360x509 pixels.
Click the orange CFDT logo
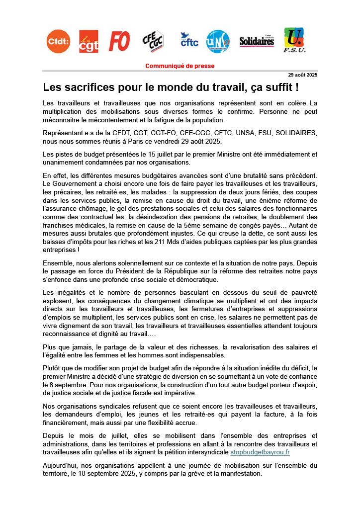(58, 41)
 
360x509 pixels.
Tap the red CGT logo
(89, 41)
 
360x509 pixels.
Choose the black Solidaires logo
(257, 42)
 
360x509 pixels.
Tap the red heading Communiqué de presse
(180, 66)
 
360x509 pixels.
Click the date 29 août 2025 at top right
(303, 75)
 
